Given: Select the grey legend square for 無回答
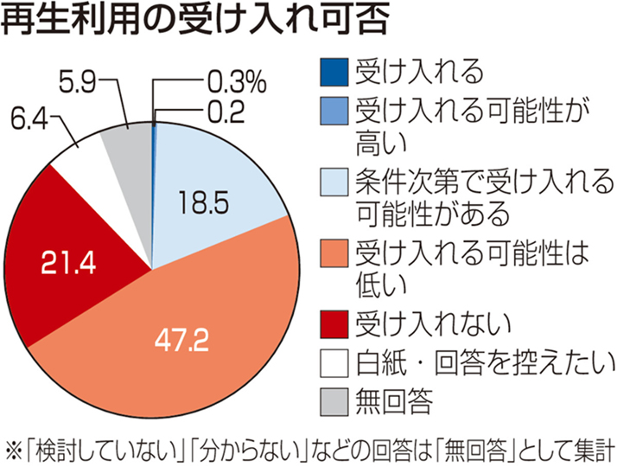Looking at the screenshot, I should tap(330, 400).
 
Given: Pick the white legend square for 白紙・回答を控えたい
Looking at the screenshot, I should tap(330, 362).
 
